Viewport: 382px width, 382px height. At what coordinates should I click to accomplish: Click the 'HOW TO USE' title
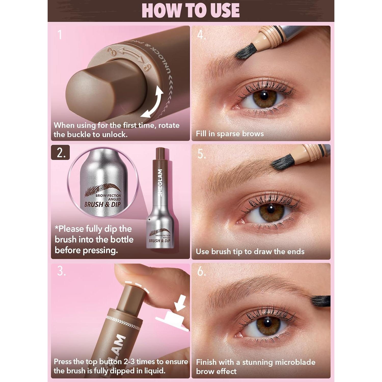[190, 10]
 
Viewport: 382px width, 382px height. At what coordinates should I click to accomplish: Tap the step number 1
[60, 35]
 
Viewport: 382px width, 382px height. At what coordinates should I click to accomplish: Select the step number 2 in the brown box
[60, 153]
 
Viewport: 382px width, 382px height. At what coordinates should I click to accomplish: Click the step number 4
[201, 35]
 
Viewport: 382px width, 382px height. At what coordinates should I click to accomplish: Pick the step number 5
[201, 154]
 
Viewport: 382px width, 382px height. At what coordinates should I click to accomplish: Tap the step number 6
[201, 271]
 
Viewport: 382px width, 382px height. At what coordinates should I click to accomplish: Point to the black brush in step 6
[321, 301]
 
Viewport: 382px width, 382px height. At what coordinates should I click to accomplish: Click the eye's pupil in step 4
[264, 96]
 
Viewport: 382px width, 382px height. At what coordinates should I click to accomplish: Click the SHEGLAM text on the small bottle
[160, 183]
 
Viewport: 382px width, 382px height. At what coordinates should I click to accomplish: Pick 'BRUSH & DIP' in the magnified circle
[103, 204]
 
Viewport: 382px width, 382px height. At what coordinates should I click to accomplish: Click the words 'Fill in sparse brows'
[230, 134]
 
